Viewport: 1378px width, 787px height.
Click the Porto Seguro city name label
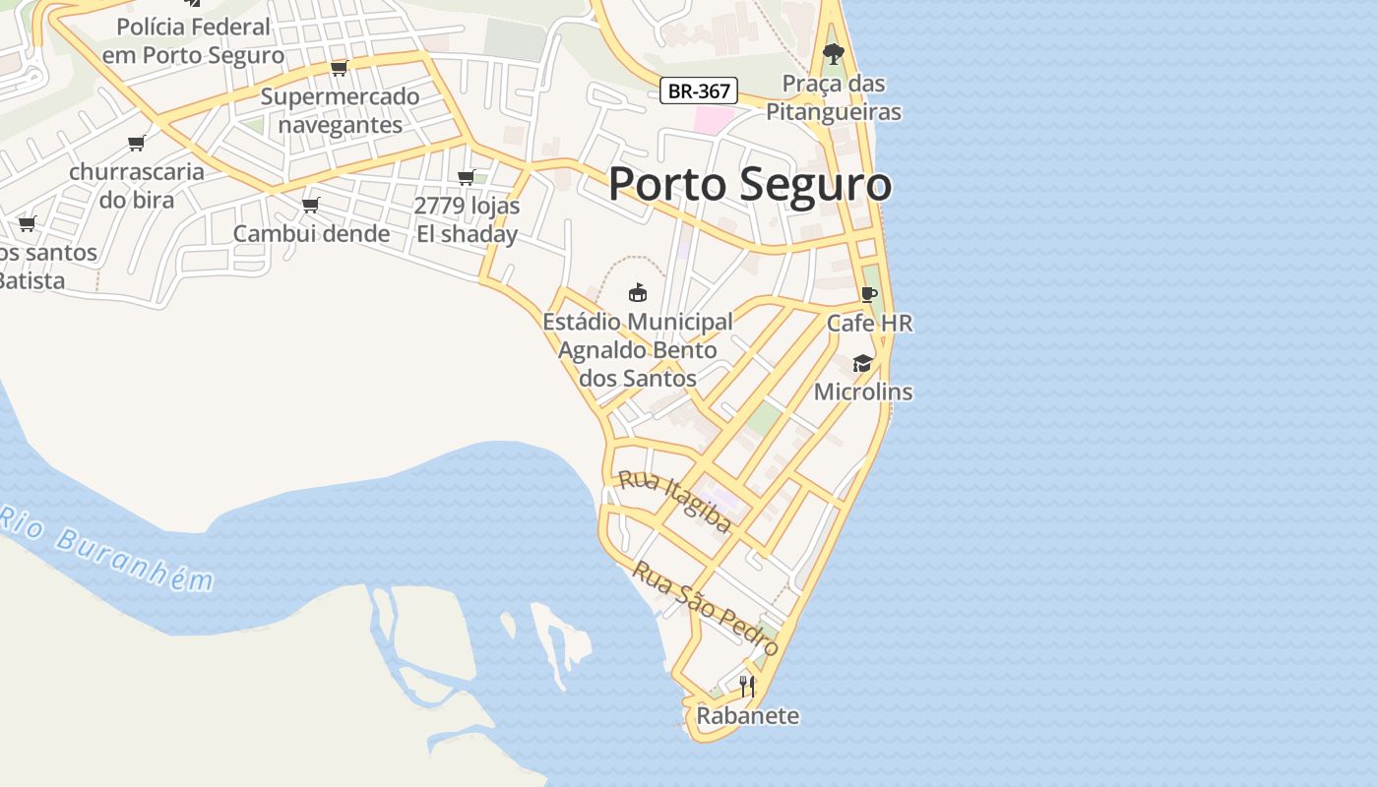pyautogui.click(x=750, y=185)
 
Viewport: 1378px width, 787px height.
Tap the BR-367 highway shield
pyautogui.click(x=699, y=91)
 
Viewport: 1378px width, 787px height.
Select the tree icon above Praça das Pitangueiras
pyautogui.click(x=834, y=53)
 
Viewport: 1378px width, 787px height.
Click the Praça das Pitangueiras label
pyautogui.click(x=834, y=97)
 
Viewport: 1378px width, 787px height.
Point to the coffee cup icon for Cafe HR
pyautogui.click(x=868, y=294)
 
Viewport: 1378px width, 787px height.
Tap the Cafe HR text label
pyautogui.click(x=869, y=323)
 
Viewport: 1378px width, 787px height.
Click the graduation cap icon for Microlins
pyautogui.click(x=862, y=363)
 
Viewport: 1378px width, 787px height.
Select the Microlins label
pyautogui.click(x=863, y=392)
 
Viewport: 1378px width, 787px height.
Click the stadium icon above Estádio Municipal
pyautogui.click(x=638, y=292)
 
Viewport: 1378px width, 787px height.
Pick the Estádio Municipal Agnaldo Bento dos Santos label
pyautogui.click(x=638, y=350)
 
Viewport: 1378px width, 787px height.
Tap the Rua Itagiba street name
pyautogui.click(x=675, y=501)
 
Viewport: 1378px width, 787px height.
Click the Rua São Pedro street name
pyautogui.click(x=705, y=608)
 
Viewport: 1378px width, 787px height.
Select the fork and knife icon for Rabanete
pyautogui.click(x=747, y=686)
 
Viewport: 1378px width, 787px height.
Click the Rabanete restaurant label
pyautogui.click(x=747, y=715)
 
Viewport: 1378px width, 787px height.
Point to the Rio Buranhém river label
pyautogui.click(x=106, y=550)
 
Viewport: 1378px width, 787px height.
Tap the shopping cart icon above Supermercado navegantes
pyautogui.click(x=340, y=68)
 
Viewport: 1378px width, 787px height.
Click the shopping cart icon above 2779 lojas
pyautogui.click(x=467, y=177)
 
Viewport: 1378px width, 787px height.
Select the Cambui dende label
pyautogui.click(x=311, y=233)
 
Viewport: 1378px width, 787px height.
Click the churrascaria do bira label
pyautogui.click(x=137, y=185)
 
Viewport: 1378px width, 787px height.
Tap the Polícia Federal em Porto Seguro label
pyautogui.click(x=193, y=40)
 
